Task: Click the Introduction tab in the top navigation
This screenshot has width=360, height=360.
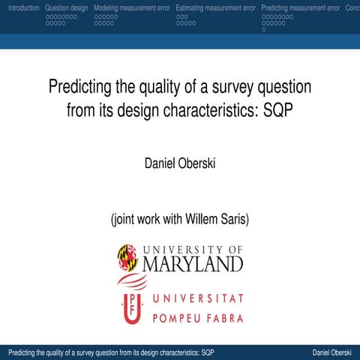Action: (20, 7)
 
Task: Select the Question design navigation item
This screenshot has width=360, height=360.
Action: (66, 7)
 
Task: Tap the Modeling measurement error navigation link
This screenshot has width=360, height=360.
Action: (131, 7)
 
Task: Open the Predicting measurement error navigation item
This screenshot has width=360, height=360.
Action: (300, 7)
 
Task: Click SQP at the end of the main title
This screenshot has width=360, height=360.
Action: (277, 112)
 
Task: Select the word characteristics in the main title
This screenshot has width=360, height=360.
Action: (205, 112)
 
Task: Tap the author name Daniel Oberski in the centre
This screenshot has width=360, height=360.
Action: (180, 163)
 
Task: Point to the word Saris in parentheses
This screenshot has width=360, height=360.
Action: (233, 220)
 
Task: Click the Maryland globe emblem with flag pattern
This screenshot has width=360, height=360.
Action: (127, 258)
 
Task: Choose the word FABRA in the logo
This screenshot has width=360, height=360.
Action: (224, 318)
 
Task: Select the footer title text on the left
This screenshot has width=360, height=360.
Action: (109, 352)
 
